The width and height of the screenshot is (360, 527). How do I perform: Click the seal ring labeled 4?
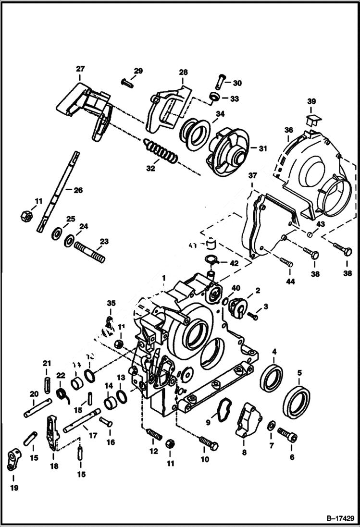tap(272, 378)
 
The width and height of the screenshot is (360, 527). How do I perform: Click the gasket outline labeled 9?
tap(222, 409)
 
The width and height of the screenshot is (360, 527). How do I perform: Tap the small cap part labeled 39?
tap(312, 118)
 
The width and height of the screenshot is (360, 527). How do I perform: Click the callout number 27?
tap(80, 69)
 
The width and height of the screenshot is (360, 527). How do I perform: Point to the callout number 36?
tap(288, 130)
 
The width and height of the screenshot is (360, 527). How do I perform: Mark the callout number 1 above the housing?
tap(164, 278)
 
